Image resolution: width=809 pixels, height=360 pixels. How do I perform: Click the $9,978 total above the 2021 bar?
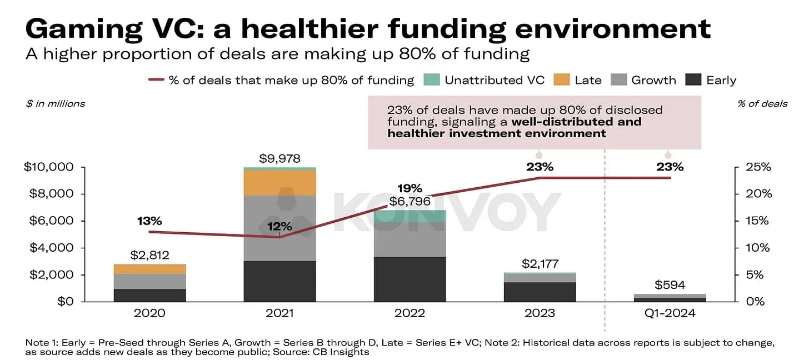pyautogui.click(x=279, y=158)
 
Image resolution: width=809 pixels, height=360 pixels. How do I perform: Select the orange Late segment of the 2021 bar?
pyautogui.click(x=280, y=183)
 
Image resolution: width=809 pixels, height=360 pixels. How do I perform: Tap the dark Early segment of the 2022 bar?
pyautogui.click(x=410, y=279)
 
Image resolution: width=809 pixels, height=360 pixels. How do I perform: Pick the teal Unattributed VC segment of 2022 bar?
pyautogui.click(x=410, y=216)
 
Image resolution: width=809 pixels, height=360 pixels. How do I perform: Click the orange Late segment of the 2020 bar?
pyautogui.click(x=150, y=269)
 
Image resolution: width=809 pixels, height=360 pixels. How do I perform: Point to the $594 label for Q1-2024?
pyautogui.click(x=670, y=285)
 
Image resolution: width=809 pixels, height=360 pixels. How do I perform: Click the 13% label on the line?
pyautogui.click(x=149, y=221)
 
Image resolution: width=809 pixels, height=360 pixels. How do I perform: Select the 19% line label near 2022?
pyautogui.click(x=410, y=188)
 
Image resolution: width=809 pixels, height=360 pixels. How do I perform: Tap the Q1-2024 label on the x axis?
pyautogui.click(x=670, y=313)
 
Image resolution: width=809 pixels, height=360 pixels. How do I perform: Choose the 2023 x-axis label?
pyautogui.click(x=540, y=313)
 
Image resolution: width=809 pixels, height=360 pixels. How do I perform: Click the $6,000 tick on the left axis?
pyautogui.click(x=51, y=221)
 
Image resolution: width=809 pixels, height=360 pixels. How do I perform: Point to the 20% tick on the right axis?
pyautogui.click(x=758, y=194)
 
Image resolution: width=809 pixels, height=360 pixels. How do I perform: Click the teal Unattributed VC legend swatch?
pyautogui.click(x=432, y=79)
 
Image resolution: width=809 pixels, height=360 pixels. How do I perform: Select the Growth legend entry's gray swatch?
pyautogui.click(x=618, y=79)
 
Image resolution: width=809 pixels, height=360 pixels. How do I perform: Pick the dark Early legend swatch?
pyautogui.click(x=693, y=79)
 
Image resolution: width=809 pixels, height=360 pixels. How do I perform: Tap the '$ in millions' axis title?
pyautogui.click(x=55, y=104)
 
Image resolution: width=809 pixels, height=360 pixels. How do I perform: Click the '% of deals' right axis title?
pyautogui.click(x=762, y=104)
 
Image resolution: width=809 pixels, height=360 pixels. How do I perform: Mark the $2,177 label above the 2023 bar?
pyautogui.click(x=540, y=264)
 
